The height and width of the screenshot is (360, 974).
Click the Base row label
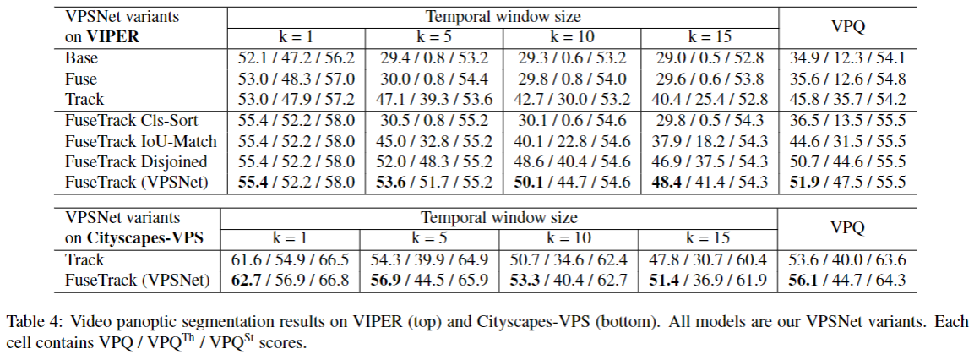click(x=81, y=58)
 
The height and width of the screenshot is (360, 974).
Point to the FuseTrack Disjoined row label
click(x=136, y=161)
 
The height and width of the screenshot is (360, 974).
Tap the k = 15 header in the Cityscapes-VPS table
click(x=708, y=238)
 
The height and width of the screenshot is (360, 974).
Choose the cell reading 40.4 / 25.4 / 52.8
click(x=708, y=99)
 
